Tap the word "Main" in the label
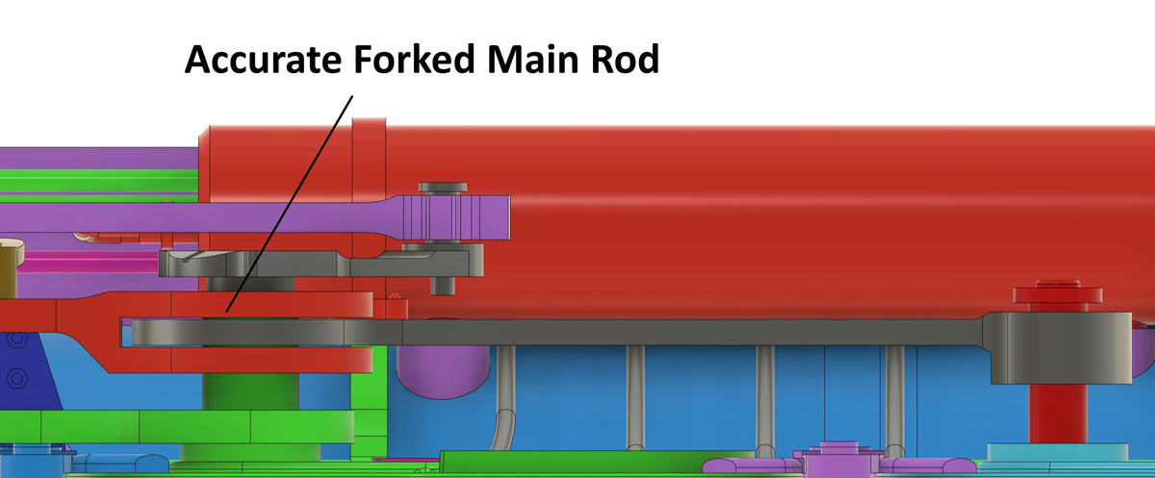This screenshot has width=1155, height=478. coord(541,60)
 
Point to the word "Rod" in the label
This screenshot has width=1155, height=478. coord(625,60)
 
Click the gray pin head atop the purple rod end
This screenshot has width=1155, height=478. coord(442,186)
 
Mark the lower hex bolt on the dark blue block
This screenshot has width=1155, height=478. coord(15,379)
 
